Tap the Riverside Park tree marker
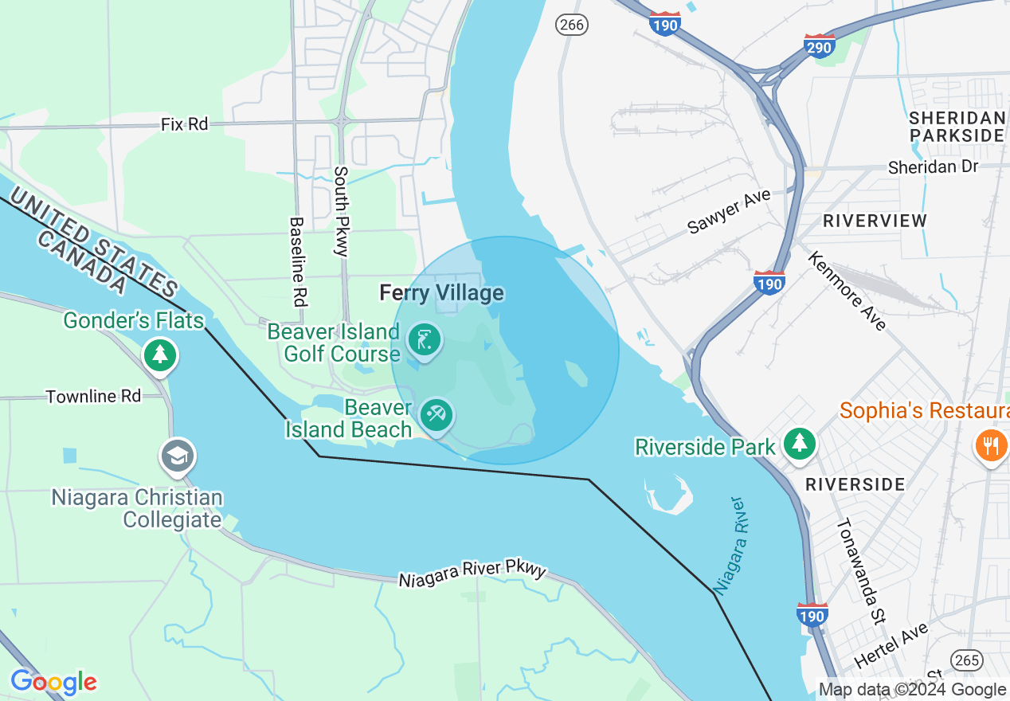click(799, 444)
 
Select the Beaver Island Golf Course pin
click(424, 341)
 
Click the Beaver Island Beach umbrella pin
click(436, 415)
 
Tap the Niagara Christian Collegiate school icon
click(177, 456)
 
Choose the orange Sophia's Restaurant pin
click(990, 444)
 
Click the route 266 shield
click(572, 25)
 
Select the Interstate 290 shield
click(819, 45)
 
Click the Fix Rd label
click(184, 124)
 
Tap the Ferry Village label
click(442, 293)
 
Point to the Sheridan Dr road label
click(932, 167)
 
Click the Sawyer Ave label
click(729, 211)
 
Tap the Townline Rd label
click(93, 396)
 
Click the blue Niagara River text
click(730, 546)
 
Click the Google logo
click(53, 682)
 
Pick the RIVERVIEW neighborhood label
click(875, 221)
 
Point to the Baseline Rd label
click(298, 261)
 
